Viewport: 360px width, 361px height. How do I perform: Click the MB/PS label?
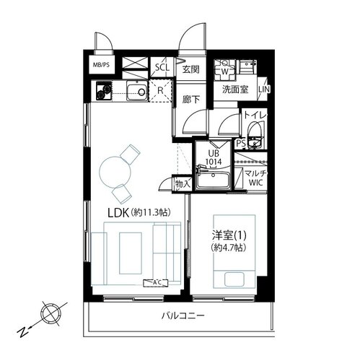[101, 65]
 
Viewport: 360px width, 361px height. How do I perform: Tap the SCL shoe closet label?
[162, 67]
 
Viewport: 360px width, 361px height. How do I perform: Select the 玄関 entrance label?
[191, 69]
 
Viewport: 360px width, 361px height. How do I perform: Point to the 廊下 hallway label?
[190, 99]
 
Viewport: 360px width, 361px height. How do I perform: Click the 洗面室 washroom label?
[235, 90]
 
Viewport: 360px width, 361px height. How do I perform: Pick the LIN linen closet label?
[264, 90]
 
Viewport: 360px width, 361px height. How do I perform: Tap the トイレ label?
[255, 115]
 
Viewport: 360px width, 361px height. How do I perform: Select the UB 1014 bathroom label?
[214, 157]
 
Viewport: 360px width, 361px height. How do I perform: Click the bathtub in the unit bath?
[212, 179]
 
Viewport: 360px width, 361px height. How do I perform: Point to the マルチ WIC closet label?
[255, 178]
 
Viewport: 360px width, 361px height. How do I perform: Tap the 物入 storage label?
[183, 184]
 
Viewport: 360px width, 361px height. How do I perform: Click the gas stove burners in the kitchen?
[104, 91]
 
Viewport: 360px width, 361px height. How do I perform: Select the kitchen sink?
[136, 91]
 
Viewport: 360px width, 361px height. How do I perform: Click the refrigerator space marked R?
[160, 91]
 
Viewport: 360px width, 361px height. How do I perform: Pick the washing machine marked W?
[224, 70]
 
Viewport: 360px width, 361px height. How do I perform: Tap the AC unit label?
[156, 283]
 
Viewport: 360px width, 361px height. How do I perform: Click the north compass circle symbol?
[51, 315]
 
